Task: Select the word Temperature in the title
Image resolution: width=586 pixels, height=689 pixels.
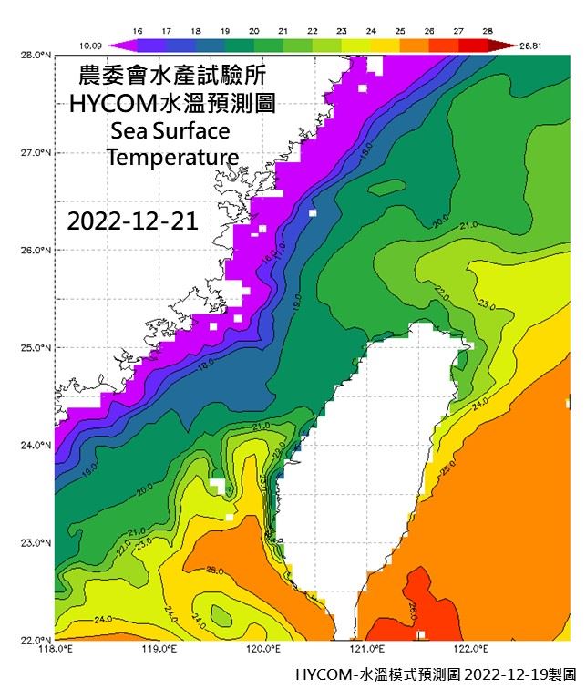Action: coord(172,157)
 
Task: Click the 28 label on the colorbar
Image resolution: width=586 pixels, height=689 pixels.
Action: coord(488,30)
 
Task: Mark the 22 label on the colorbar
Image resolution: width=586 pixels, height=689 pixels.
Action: coord(313,30)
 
